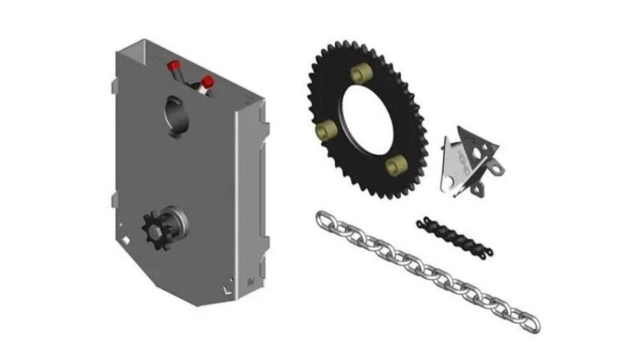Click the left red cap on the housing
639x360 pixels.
(173, 66)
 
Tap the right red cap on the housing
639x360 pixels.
(207, 82)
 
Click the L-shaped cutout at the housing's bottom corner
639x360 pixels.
(227, 289)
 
